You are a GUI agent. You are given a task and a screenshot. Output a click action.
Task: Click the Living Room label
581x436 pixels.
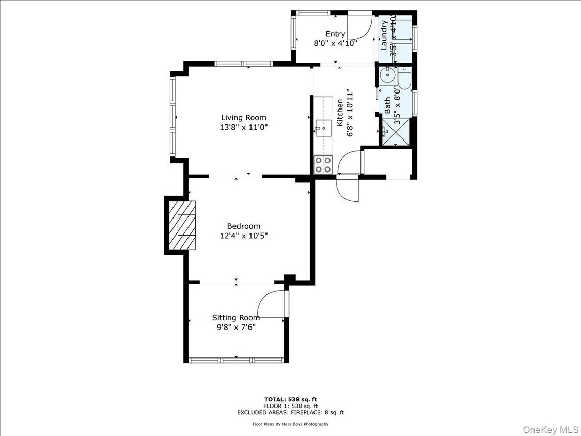click(244, 118)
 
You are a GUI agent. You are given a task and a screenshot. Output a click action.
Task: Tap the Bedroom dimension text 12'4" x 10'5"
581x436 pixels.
click(244, 236)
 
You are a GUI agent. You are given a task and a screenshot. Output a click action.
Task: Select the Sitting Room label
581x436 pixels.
click(236, 318)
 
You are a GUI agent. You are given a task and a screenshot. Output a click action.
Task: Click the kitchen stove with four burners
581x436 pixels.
click(323, 165)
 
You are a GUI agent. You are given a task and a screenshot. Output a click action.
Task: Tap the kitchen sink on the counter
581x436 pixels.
click(324, 127)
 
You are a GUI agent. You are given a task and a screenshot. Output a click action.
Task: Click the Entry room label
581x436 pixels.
click(335, 34)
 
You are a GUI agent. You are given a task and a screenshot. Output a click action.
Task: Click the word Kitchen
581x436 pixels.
click(340, 113)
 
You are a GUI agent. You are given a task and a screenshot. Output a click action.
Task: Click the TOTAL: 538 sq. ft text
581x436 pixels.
click(290, 399)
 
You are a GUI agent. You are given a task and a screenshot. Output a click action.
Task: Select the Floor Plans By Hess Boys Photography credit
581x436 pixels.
click(290, 424)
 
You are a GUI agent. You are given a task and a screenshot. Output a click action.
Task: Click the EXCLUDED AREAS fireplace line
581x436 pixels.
click(290, 412)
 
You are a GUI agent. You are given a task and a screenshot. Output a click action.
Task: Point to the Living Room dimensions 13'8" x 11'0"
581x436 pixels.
click(244, 127)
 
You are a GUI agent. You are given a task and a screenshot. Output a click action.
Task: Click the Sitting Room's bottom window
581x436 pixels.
click(237, 360)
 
